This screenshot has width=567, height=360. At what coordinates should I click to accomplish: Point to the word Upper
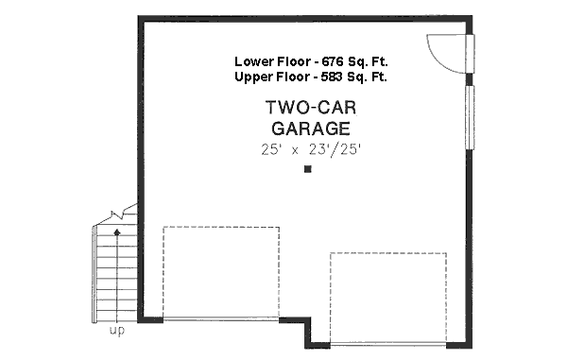tap(253, 77)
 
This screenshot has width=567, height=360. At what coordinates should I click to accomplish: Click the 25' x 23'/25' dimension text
tap(310, 149)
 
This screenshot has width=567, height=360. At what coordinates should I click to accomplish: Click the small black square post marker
tap(308, 170)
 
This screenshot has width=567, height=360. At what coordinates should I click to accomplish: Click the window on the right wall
tap(470, 117)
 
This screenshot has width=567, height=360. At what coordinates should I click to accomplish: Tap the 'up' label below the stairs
tap(117, 331)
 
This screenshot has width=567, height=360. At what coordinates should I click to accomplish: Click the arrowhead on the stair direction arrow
tap(117, 230)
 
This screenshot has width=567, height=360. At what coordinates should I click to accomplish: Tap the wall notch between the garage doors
tap(304, 330)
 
